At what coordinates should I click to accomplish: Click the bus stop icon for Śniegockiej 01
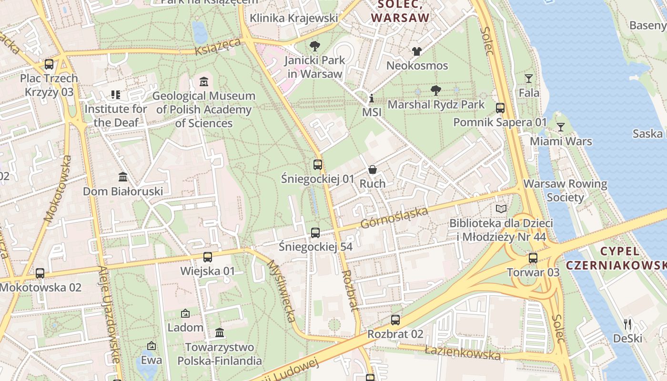[318, 165]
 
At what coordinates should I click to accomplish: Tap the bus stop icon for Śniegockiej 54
[315, 233]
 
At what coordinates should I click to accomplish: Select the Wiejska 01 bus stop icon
[208, 257]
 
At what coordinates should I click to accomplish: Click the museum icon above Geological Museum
[204, 81]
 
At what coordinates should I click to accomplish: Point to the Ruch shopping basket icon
[373, 170]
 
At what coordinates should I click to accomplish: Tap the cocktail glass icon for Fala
[528, 79]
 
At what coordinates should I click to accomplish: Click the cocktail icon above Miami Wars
[561, 127]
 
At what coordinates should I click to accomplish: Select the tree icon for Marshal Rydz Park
[435, 90]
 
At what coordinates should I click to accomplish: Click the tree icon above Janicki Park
[314, 46]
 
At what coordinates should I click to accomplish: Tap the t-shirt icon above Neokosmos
[417, 51]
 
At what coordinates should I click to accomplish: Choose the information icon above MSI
[372, 99]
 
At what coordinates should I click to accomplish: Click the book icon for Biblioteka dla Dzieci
[501, 209]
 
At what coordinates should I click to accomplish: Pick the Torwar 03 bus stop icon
[533, 258]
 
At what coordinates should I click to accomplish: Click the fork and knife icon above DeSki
[627, 324]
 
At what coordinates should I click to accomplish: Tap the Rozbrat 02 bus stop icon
[395, 320]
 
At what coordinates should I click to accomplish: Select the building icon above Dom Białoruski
[123, 177]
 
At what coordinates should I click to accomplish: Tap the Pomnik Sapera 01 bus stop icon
[500, 108]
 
